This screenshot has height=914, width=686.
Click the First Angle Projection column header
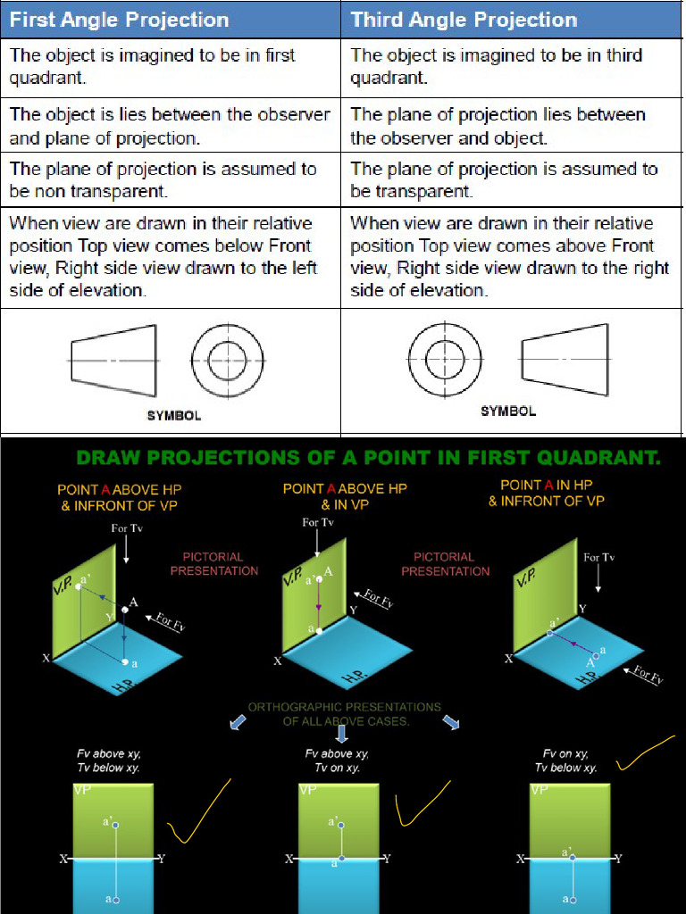click(x=119, y=20)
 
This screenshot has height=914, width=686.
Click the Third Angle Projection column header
click(x=463, y=20)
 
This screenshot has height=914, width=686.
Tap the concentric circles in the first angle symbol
click(x=227, y=361)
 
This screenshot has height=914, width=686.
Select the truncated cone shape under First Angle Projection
click(x=113, y=361)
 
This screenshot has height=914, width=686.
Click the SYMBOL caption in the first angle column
click(x=173, y=415)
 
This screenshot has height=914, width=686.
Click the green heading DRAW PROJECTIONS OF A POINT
click(x=368, y=459)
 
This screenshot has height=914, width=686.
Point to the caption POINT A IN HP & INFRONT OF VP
click(x=546, y=493)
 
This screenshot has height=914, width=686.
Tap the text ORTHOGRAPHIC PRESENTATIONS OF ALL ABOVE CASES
click(x=345, y=713)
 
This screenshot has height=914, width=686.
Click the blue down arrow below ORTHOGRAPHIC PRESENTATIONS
click(x=341, y=734)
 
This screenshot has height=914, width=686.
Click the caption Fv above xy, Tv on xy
click(x=337, y=760)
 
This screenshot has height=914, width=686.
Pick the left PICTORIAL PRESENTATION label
click(x=213, y=563)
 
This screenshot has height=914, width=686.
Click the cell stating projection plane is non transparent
click(x=170, y=179)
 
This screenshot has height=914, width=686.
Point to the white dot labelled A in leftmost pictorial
click(x=126, y=610)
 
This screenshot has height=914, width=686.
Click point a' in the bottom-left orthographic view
click(x=115, y=826)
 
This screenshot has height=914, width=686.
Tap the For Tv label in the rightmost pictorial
click(x=598, y=557)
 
